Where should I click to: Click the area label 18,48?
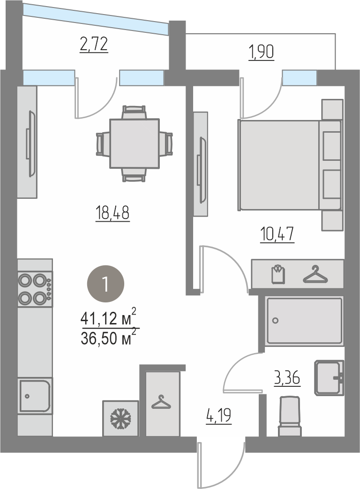(x=112, y=213)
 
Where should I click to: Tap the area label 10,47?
(x=277, y=234)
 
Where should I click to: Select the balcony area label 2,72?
(x=94, y=44)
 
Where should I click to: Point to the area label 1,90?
(x=261, y=52)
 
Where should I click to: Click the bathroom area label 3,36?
(x=287, y=378)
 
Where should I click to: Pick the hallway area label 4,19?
(x=218, y=416)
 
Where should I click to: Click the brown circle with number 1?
(x=105, y=284)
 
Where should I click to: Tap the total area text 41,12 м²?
(x=108, y=317)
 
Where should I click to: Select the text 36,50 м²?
(x=108, y=337)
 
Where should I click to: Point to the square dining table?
(x=135, y=143)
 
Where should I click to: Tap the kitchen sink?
(x=35, y=395)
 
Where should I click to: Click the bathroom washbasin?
(x=329, y=378)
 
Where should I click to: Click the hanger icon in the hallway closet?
(x=161, y=402)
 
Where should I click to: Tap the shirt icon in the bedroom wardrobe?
(x=278, y=274)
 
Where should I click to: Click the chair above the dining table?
(x=135, y=112)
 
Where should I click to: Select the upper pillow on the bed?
(x=331, y=146)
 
